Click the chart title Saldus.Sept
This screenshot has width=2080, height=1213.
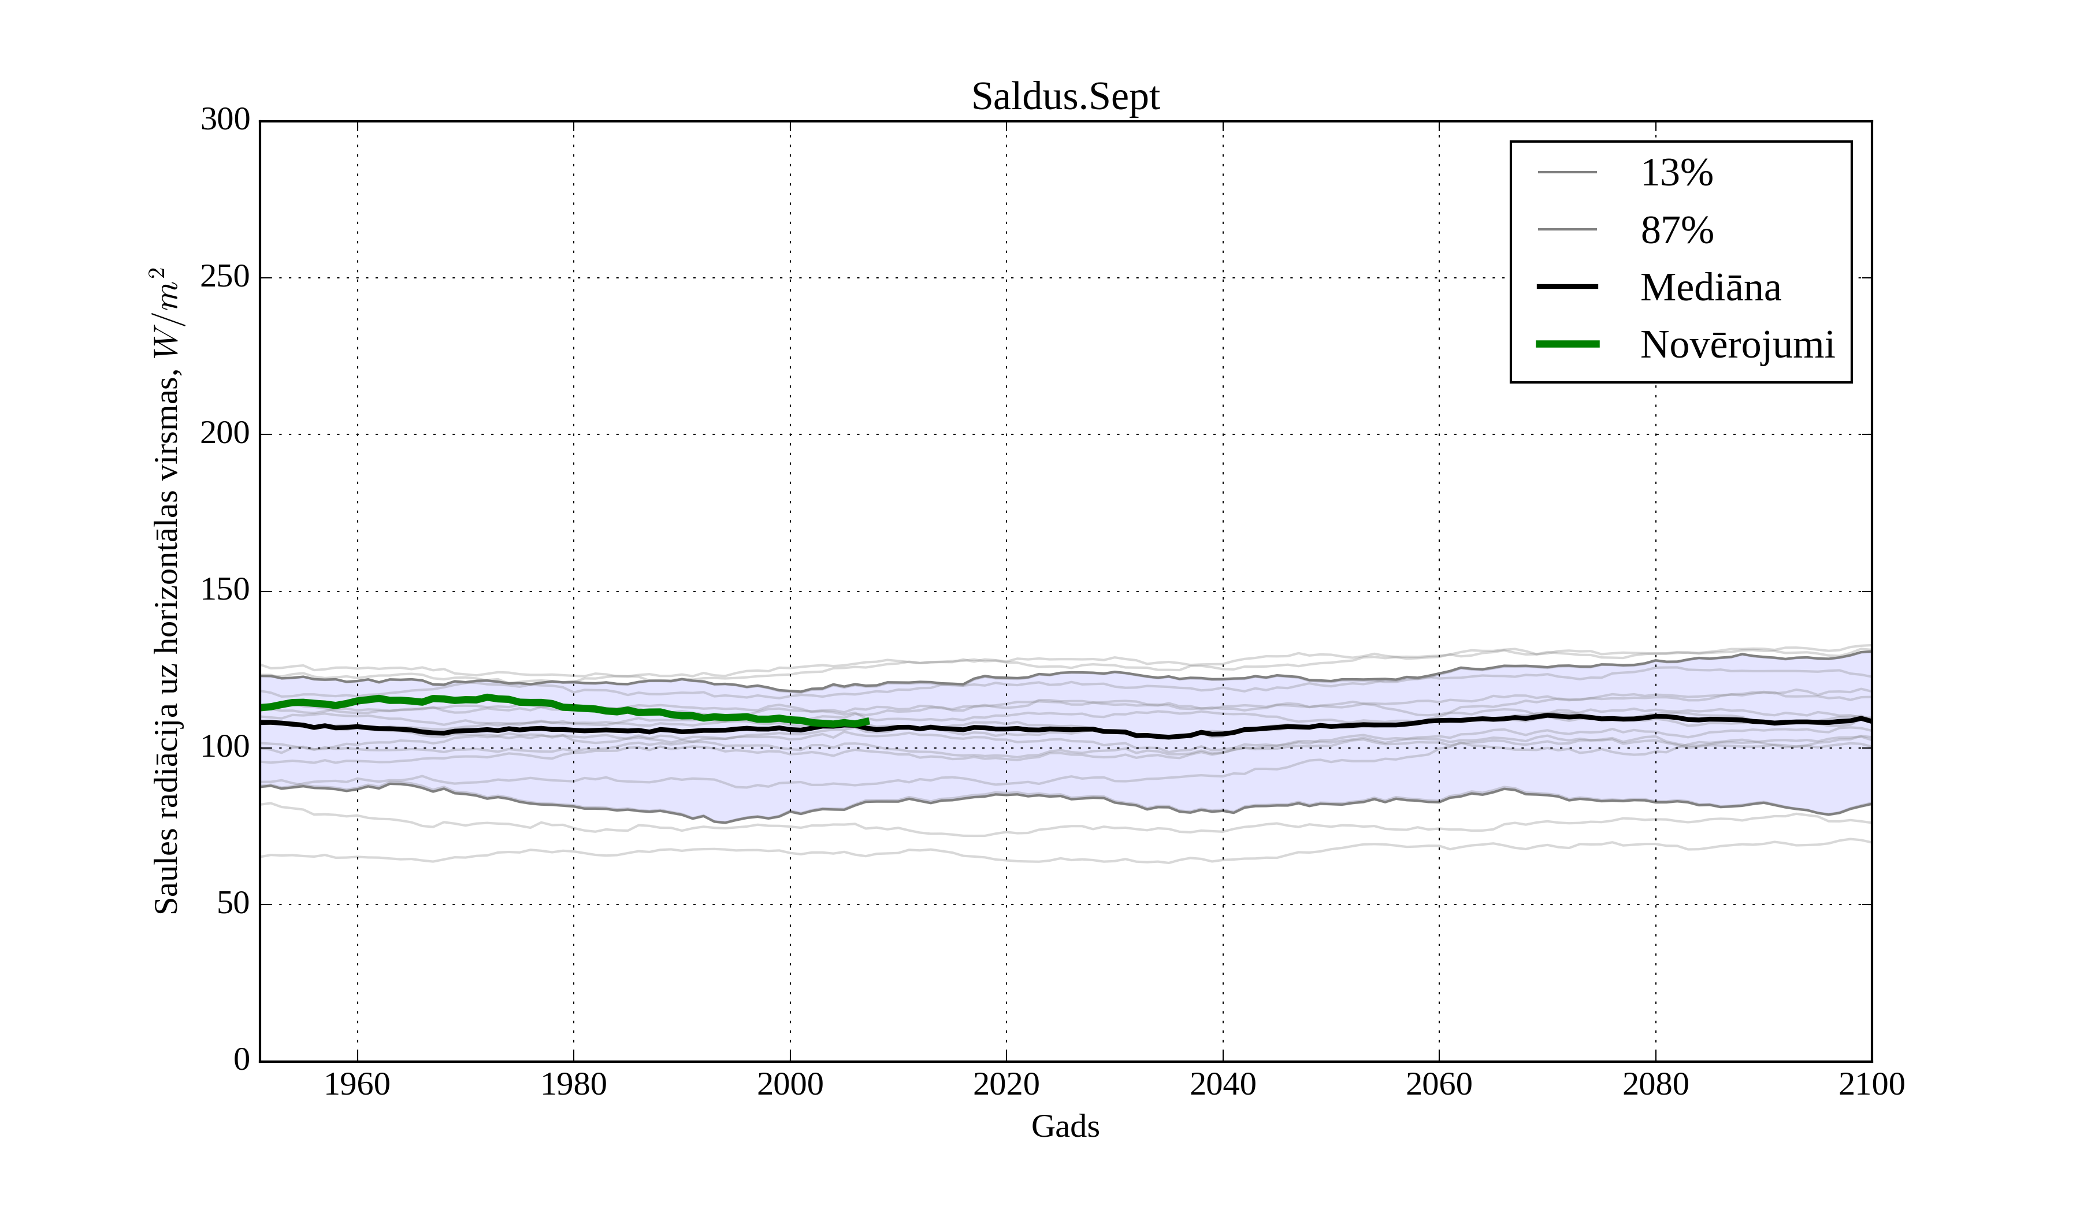click(1065, 98)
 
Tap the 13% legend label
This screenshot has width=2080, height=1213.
click(1676, 173)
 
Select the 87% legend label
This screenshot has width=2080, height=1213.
click(1676, 230)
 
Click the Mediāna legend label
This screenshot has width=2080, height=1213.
click(1710, 288)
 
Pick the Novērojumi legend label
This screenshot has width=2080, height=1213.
click(1737, 345)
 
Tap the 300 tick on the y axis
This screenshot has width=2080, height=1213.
click(225, 121)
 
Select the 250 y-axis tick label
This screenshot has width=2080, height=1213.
click(225, 277)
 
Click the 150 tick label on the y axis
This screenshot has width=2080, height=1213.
click(225, 591)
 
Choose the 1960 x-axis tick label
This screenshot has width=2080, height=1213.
click(356, 1084)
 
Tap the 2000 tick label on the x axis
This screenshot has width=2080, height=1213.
click(790, 1084)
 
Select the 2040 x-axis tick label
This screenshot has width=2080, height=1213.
click(1223, 1084)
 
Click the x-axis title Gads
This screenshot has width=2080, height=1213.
click(1065, 1126)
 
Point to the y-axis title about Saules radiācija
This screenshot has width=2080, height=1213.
click(167, 591)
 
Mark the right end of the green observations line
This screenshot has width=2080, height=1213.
click(867, 721)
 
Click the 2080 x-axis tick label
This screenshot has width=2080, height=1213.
click(1655, 1084)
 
